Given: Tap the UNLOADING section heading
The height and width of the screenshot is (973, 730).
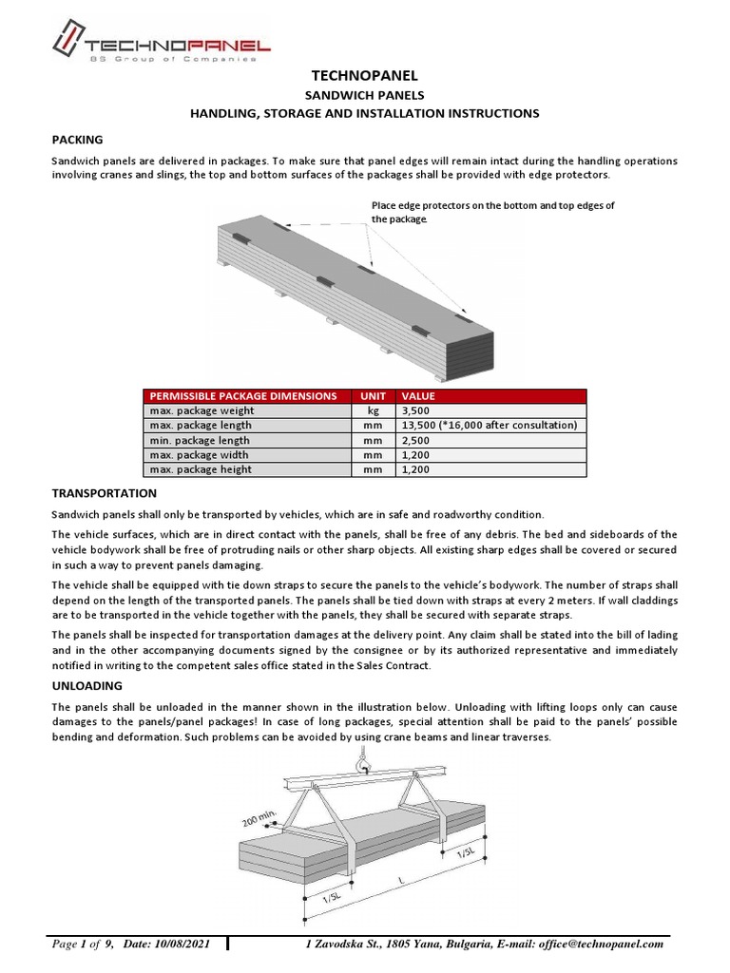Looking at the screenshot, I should (x=86, y=685).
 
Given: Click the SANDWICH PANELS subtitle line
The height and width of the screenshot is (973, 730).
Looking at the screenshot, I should (x=365, y=95).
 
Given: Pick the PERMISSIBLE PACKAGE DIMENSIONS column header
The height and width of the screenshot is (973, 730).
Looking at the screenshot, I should (x=242, y=395).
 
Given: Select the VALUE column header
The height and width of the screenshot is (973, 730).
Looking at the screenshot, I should (x=418, y=395).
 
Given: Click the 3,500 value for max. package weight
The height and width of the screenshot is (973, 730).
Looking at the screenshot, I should (x=418, y=410).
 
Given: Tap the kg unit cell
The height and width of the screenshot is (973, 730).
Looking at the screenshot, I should (x=372, y=410).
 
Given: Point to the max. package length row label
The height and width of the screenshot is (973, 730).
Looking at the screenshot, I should (x=200, y=426).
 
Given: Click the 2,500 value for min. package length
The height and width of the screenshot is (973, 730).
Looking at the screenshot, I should (x=418, y=441).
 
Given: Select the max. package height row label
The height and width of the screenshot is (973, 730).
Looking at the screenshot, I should (x=200, y=469).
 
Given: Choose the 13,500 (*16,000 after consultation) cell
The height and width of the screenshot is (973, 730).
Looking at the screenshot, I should (x=490, y=426).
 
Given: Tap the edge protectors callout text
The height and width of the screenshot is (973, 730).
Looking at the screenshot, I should (x=492, y=212).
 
